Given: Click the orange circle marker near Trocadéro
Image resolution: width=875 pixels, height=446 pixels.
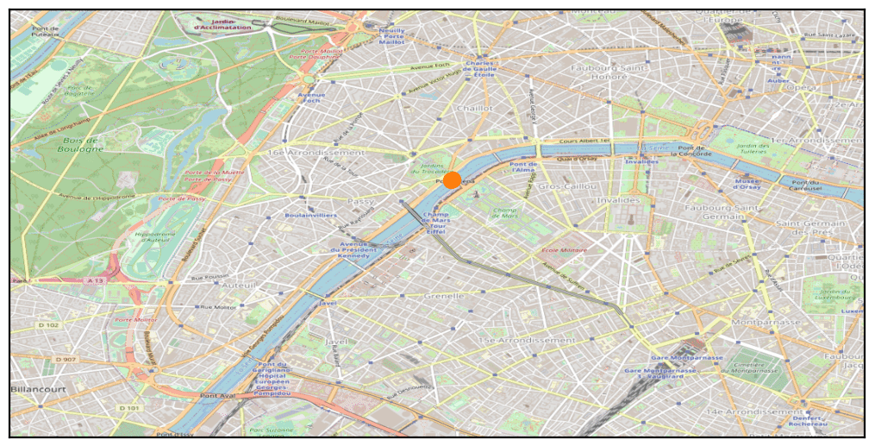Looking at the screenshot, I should pos(451,181).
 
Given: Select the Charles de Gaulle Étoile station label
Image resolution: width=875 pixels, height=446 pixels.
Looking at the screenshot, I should pos(479,69).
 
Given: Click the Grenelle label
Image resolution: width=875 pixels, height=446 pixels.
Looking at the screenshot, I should pos(444,296).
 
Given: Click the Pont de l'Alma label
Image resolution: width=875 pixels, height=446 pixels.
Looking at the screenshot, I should pos(523,167).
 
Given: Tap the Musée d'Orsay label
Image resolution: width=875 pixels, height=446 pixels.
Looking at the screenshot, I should pos(747,184).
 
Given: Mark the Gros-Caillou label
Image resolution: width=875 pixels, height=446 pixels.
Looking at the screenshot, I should pos(561,185).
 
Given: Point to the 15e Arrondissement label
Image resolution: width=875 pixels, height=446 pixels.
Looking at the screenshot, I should pos(515,341).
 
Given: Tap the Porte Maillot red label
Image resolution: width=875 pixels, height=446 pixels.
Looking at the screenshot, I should pos(321,53).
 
